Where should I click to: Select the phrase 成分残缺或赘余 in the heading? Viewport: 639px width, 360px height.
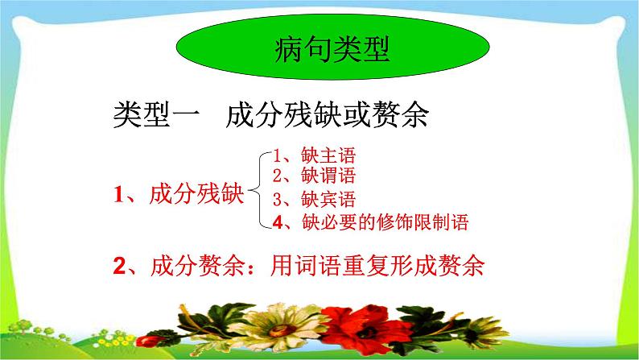[326, 116]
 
